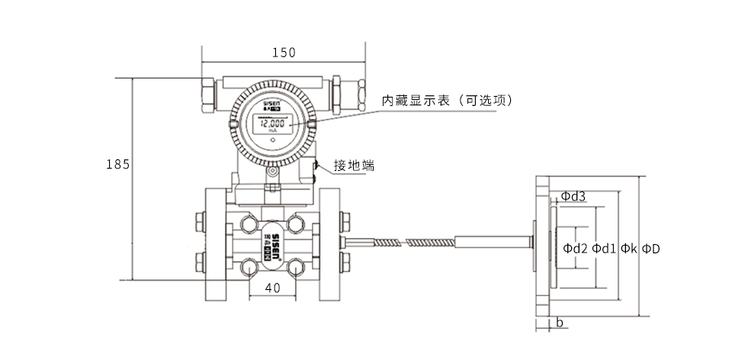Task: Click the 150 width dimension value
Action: click(284, 53)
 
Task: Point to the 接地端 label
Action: click(354, 166)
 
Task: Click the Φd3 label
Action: click(573, 196)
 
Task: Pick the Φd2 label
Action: click(576, 249)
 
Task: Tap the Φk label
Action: click(628, 249)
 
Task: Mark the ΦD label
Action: click(650, 249)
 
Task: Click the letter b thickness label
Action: click(559, 323)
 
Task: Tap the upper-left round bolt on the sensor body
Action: click(248, 223)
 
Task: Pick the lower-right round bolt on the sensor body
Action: click(297, 267)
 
